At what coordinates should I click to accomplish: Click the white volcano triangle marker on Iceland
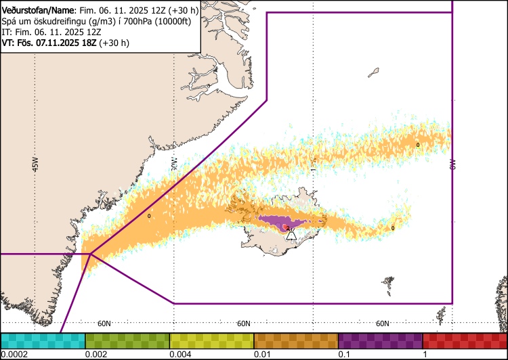click(291, 235)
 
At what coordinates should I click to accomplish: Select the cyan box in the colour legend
click(43, 340)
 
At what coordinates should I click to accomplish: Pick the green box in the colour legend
click(127, 340)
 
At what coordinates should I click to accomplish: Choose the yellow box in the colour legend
click(211, 340)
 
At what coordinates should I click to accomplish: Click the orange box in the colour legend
click(296, 340)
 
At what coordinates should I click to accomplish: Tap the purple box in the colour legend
click(380, 340)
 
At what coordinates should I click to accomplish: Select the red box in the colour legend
click(464, 340)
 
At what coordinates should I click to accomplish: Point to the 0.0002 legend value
click(14, 355)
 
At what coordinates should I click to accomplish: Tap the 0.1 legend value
click(345, 355)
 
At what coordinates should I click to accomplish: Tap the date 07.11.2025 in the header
click(55, 43)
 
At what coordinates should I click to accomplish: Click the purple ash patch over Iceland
click(278, 221)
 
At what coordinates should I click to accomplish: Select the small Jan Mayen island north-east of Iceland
click(373, 71)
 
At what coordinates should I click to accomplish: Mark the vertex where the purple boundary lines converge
click(89, 254)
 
